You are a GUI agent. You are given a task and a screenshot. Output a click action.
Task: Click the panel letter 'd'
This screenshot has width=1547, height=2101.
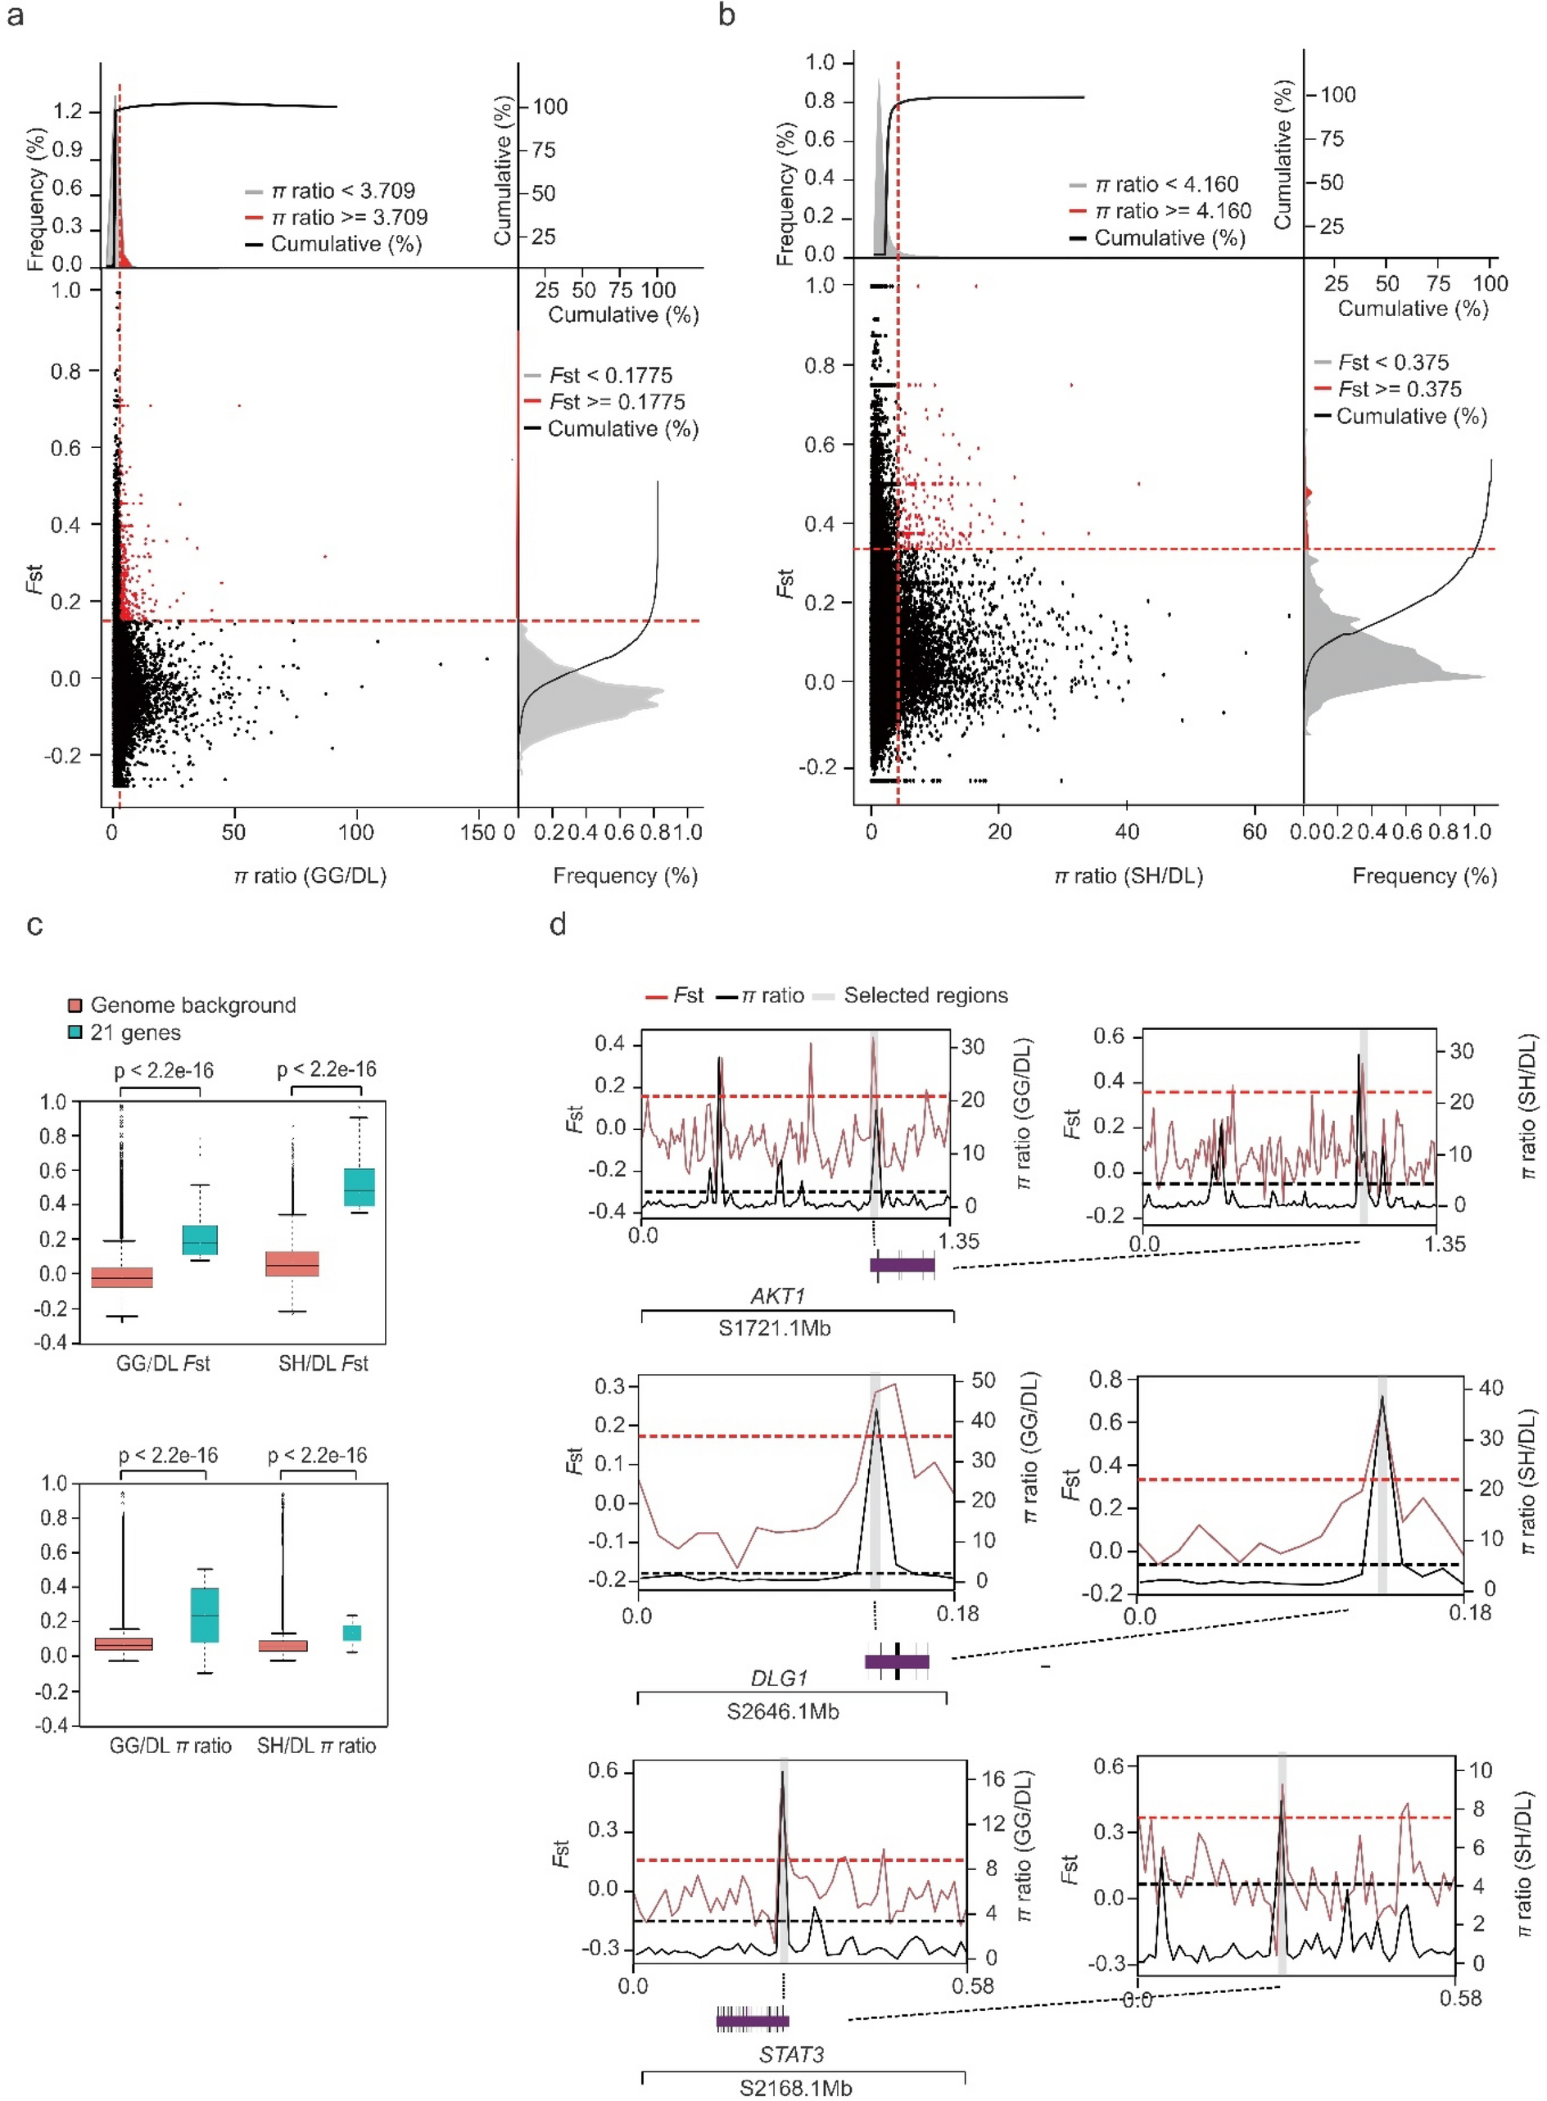pyautogui.click(x=559, y=925)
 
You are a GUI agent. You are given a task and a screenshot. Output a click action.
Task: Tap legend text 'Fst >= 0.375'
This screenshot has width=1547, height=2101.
pyautogui.click(x=1399, y=389)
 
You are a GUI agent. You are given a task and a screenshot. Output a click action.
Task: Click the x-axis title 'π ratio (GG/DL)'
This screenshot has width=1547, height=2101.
pyautogui.click(x=310, y=875)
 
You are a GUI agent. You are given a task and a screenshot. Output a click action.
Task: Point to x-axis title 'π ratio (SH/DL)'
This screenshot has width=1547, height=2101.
pyautogui.click(x=1129, y=875)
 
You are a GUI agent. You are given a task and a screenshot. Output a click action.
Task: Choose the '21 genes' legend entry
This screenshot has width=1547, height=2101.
pyautogui.click(x=135, y=1032)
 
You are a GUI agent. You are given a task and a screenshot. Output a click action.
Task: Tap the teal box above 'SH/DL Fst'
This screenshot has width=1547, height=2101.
pyautogui.click(x=359, y=1187)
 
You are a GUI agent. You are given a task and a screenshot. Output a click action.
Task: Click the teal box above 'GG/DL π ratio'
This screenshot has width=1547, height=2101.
pyautogui.click(x=204, y=1614)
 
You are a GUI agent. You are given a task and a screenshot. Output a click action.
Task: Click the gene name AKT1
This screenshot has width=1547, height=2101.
pyautogui.click(x=777, y=1296)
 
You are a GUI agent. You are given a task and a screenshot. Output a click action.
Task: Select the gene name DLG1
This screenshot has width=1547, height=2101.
pyautogui.click(x=778, y=1678)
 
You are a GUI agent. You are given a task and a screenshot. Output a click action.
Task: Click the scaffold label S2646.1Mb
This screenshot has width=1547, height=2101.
pyautogui.click(x=783, y=1710)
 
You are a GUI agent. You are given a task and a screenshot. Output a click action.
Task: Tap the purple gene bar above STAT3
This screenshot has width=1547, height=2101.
pyautogui.click(x=753, y=2021)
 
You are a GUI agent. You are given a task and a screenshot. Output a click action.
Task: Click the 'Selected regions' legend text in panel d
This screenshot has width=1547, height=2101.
pyautogui.click(x=925, y=996)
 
